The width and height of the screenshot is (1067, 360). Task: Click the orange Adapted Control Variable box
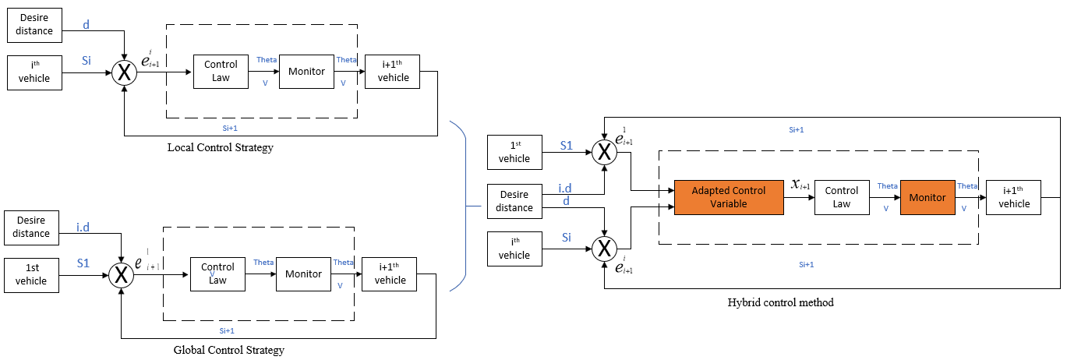tap(728, 197)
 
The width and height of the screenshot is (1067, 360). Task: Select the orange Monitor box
tap(927, 197)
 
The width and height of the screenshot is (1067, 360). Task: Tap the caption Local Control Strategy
tap(220, 147)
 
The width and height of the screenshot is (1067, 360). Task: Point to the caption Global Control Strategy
tap(228, 350)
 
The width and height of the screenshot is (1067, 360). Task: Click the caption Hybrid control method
tap(780, 302)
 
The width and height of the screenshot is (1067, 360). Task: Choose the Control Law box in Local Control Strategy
tap(221, 72)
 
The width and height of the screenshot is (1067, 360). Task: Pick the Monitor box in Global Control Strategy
tap(303, 274)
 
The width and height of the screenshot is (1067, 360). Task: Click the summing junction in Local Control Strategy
tap(124, 72)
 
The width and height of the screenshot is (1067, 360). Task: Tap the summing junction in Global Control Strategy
tap(122, 274)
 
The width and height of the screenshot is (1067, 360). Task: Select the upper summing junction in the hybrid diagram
tap(603, 151)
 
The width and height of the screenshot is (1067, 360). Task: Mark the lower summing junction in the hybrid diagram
tap(603, 249)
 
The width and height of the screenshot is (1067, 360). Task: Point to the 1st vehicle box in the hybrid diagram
tap(514, 152)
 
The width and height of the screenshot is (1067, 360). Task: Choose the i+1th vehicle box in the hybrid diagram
tap(1013, 197)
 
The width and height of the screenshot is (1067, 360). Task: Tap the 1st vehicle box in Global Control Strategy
tap(31, 274)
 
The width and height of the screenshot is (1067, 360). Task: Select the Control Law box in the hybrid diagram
tap(841, 197)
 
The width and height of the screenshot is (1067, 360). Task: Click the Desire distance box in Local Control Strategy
tap(34, 25)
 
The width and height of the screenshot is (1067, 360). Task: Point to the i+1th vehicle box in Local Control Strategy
tap(392, 72)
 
